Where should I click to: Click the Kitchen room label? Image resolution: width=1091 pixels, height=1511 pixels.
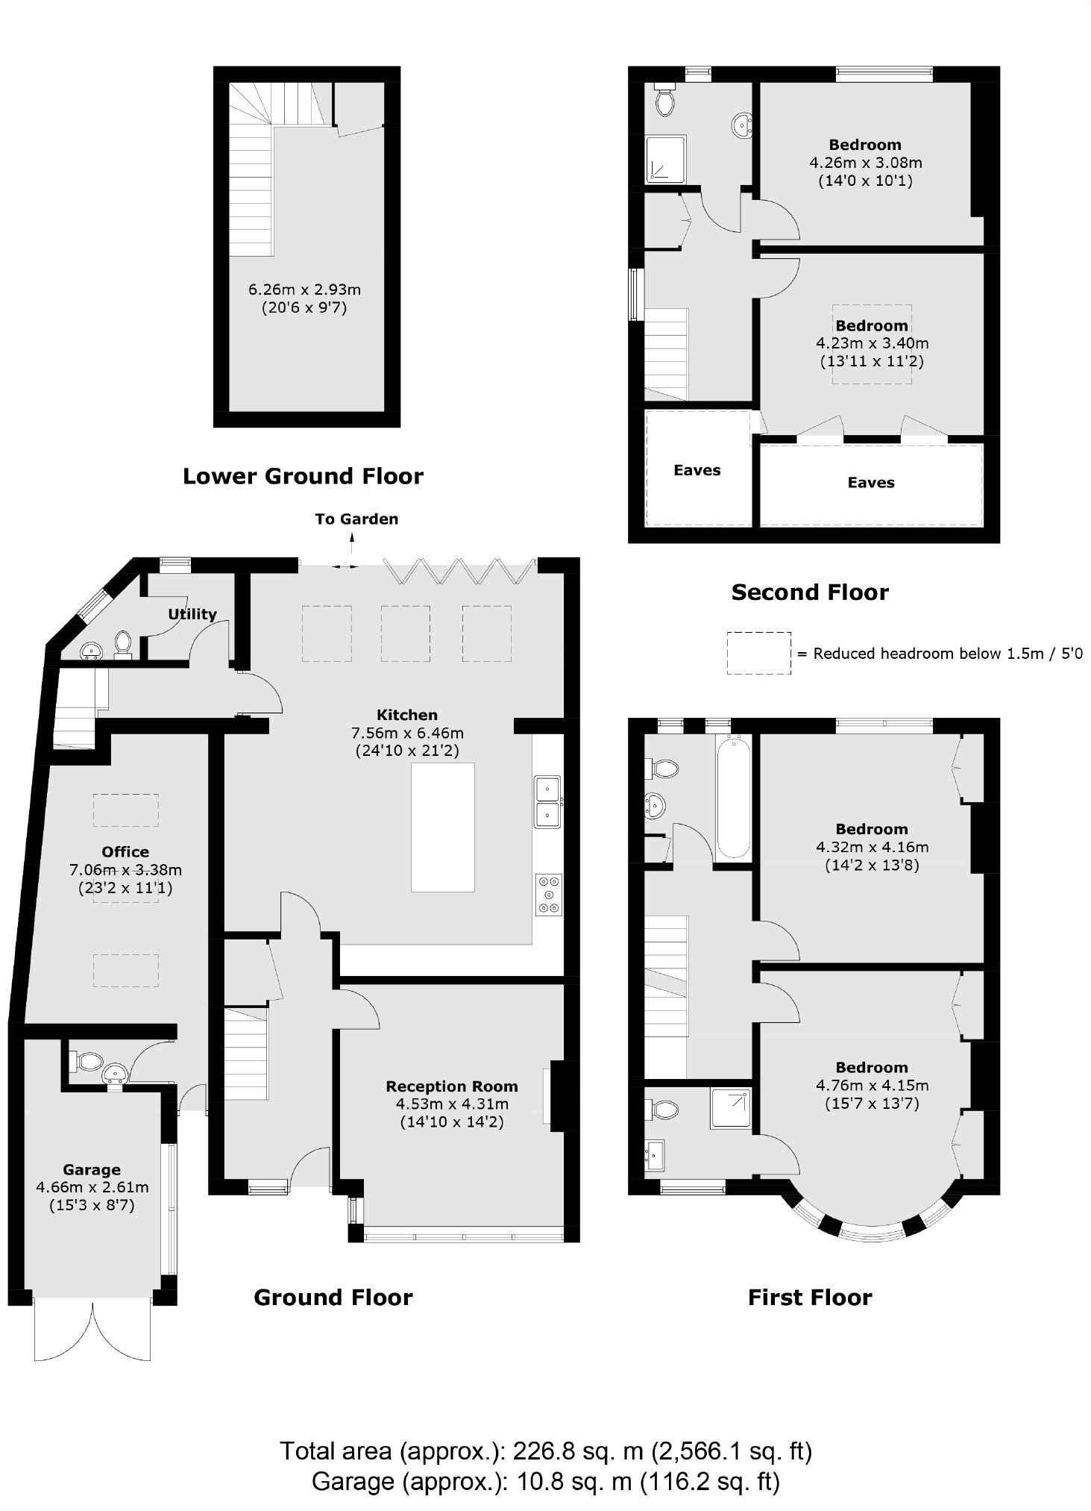pyautogui.click(x=406, y=714)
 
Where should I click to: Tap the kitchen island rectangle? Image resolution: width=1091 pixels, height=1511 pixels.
pyautogui.click(x=442, y=827)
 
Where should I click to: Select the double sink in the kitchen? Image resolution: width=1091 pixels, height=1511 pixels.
pyautogui.click(x=547, y=801)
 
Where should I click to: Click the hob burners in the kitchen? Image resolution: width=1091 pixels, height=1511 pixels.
pyautogui.click(x=549, y=894)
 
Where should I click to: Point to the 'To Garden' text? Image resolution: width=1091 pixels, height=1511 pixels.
pyautogui.click(x=356, y=519)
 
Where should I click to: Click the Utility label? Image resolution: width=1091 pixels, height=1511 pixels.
pyautogui.click(x=192, y=613)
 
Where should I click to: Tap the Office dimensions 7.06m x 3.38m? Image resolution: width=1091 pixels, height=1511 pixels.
pyautogui.click(x=125, y=869)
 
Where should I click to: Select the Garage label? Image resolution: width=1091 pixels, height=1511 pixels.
pyautogui.click(x=91, y=1169)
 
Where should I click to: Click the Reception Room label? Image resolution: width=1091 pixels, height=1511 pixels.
pyautogui.click(x=451, y=1086)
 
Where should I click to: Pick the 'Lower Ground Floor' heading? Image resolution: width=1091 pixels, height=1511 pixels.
pyautogui.click(x=303, y=476)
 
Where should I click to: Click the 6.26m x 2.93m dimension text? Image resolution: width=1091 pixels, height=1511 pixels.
pyautogui.click(x=304, y=289)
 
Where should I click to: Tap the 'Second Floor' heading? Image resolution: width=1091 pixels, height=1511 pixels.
pyautogui.click(x=810, y=592)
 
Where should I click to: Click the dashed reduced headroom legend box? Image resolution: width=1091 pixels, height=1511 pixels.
pyautogui.click(x=758, y=653)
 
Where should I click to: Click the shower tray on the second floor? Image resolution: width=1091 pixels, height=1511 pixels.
pyautogui.click(x=665, y=160)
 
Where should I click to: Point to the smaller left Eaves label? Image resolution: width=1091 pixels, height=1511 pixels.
pyautogui.click(x=697, y=470)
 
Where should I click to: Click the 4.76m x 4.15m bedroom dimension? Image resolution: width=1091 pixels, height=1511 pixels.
pyautogui.click(x=872, y=1085)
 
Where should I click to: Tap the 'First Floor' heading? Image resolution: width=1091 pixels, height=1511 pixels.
pyautogui.click(x=810, y=1297)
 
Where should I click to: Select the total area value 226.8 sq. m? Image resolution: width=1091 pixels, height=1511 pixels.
pyautogui.click(x=579, y=1451)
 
